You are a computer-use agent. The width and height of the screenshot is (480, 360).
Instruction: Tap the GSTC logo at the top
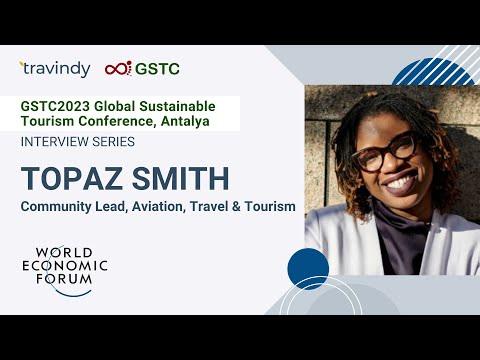[x=143, y=69]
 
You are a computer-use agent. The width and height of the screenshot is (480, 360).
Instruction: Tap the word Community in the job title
[x=56, y=206]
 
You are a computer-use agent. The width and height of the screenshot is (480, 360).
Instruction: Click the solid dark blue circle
[x=308, y=269]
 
